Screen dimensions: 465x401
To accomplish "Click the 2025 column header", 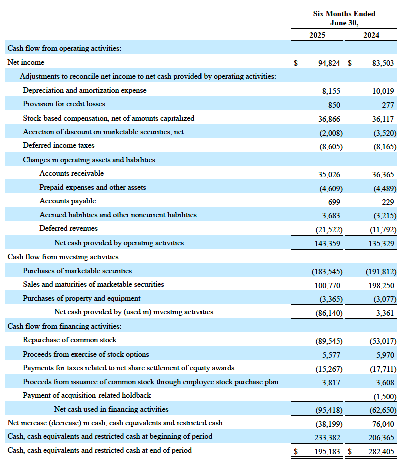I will pos(317,35).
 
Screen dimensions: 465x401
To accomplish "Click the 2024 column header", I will pos(371,35).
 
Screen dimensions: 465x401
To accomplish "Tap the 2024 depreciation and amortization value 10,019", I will pos(383,91).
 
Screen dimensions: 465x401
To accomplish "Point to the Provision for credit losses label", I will pos(64,104).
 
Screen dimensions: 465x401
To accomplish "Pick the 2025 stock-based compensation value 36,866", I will pos(329,119).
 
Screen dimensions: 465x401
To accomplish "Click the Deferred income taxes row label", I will pos(58,146).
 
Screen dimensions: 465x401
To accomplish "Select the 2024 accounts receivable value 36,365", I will pos(383,174).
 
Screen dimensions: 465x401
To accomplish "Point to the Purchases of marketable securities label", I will pos(77,271).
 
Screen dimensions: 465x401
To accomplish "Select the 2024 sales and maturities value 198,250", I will pos(381,285).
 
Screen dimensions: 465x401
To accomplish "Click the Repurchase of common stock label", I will pos(70,340).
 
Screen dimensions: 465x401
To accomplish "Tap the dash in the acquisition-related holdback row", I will pos(336,396).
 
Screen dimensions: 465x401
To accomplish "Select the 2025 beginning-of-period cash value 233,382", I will pos(327,437).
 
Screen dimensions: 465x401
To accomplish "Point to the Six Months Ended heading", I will pos(344,14).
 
